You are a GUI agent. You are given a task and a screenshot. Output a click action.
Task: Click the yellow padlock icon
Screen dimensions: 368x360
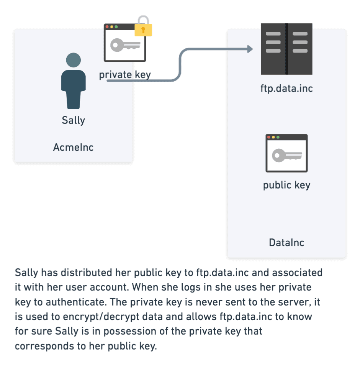coord(144,28)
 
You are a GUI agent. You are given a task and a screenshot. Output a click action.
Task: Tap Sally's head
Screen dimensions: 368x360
coord(74,60)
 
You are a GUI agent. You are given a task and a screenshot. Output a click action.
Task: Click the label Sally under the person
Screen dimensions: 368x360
coord(74,120)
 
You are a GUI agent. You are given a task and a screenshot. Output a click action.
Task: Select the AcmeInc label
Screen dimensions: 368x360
coord(74,147)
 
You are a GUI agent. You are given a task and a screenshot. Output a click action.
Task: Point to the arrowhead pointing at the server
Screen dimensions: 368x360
coord(250,49)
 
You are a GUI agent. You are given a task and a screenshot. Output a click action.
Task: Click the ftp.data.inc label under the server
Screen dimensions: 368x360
coord(286,89)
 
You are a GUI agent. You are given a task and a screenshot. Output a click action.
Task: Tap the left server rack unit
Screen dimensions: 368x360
coord(273,48)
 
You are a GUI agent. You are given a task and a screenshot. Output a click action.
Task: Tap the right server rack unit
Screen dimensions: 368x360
coord(300,48)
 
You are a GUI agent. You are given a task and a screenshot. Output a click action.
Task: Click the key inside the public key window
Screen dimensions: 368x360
coord(286,155)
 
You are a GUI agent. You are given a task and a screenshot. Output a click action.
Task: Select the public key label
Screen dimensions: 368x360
coord(286,185)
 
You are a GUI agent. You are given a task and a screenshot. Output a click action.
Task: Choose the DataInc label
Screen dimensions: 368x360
coord(286,242)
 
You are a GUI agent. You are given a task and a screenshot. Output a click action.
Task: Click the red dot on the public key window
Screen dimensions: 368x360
coord(269,137)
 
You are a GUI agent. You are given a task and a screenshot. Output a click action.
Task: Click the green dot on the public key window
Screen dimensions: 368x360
coord(278,137)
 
